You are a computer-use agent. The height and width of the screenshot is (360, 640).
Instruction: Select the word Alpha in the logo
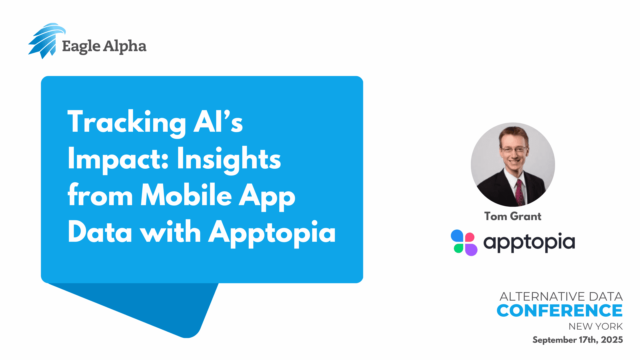pos(125,46)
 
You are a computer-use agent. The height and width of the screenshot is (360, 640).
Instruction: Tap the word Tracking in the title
pos(127,123)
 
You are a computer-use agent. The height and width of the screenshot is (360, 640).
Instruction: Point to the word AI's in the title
pos(218,121)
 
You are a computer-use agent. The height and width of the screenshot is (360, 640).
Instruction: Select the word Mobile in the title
pos(186,195)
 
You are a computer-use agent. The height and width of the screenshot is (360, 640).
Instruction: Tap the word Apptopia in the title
pos(272,233)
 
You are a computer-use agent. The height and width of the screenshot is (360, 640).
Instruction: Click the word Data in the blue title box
pos(100,232)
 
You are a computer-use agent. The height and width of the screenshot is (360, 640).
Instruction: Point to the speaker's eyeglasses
pos(514,149)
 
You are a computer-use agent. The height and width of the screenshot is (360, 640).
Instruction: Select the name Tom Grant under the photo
pos(513,216)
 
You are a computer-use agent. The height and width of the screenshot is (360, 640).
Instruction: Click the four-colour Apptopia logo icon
pos(464,243)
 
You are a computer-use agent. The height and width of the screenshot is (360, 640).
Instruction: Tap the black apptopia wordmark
pos(529,243)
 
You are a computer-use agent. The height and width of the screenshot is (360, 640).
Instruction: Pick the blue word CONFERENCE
pos(560,311)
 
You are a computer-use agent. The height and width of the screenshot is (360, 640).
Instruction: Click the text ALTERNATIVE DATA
pos(561,296)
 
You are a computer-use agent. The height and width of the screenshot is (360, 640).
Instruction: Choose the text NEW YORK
pos(596,326)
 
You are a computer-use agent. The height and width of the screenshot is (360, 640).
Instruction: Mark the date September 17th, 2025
pos(578,340)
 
